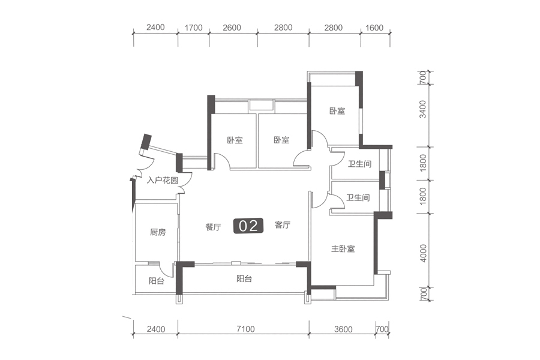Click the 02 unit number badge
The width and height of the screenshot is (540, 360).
click(248, 226)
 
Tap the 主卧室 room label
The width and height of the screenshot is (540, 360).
click(343, 249)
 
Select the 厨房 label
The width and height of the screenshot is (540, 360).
click(158, 232)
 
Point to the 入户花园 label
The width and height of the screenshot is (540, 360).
click(162, 180)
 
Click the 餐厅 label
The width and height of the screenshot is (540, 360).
click(213, 227)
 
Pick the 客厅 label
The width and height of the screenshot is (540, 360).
click(283, 225)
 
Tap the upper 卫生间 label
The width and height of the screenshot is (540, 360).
click(359, 164)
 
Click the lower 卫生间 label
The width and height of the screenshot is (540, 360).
click(358, 198)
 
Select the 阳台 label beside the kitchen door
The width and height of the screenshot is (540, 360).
click(157, 281)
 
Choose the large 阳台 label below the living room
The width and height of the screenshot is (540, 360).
click(244, 278)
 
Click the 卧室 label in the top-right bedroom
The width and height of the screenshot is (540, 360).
click(337, 111)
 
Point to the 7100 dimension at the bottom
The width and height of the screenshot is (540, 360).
click(245, 329)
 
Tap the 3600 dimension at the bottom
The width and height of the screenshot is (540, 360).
click(343, 329)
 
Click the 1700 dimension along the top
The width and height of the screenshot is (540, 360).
click(193, 28)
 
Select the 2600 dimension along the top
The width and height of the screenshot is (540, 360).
click(232, 28)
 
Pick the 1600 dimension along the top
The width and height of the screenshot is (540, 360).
click(374, 28)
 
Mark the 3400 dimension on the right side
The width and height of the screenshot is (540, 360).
click(423, 109)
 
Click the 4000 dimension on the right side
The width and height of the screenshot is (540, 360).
click(423, 253)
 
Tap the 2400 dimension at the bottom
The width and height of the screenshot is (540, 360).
click(155, 329)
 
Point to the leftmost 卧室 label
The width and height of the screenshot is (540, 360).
click(235, 140)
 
